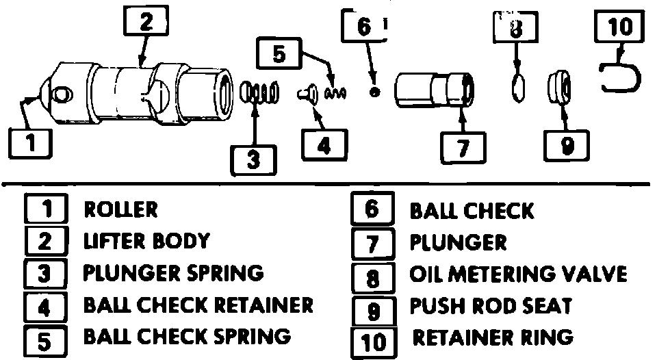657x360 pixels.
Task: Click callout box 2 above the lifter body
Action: [146, 21]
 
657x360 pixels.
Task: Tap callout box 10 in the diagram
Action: [620, 26]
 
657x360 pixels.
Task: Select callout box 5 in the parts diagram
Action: [279, 53]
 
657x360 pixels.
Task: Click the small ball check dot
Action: [374, 92]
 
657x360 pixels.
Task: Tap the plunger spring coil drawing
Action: [260, 92]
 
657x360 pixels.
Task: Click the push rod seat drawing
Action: [559, 88]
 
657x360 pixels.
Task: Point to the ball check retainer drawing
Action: [308, 92]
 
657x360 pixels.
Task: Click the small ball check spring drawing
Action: [336, 93]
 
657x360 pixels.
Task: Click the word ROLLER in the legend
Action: [120, 209]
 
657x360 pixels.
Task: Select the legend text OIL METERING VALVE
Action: [518, 274]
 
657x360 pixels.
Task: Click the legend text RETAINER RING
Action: [493, 337]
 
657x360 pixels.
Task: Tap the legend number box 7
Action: [373, 244]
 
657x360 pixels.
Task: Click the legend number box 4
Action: [44, 307]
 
